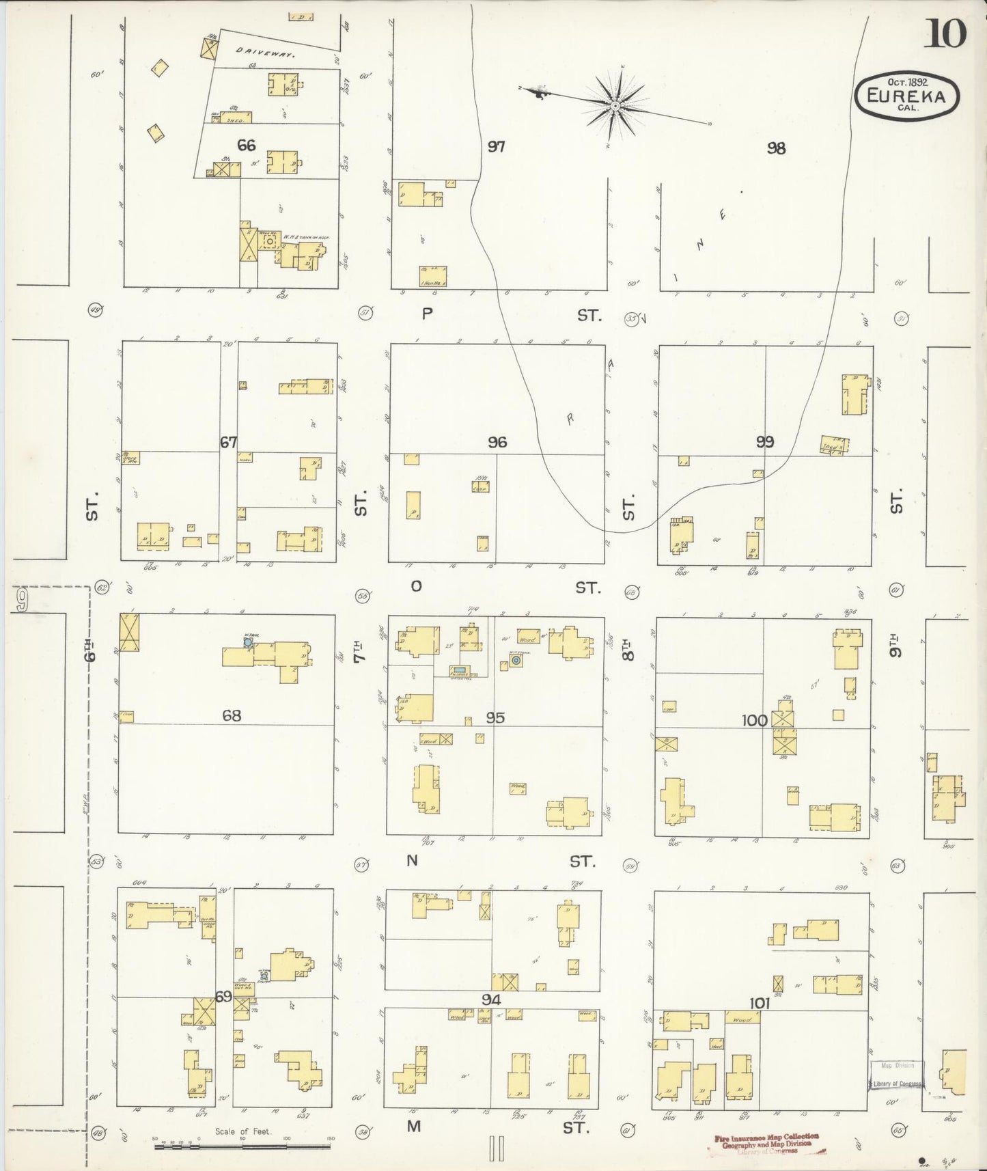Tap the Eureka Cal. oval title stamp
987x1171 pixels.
906,96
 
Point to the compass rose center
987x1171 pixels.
615,106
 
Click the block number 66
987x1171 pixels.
247,145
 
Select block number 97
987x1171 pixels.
497,146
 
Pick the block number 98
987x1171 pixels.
776,148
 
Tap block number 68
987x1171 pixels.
232,715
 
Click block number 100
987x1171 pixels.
754,719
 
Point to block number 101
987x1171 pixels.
759,1003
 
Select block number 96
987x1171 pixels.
497,442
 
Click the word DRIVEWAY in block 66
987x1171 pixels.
265,51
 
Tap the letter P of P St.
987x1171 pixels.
428,314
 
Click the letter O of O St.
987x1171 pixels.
415,586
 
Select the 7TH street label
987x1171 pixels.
361,649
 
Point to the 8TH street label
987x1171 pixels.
628,649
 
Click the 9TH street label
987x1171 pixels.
896,646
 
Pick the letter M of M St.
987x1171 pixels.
414,1126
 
